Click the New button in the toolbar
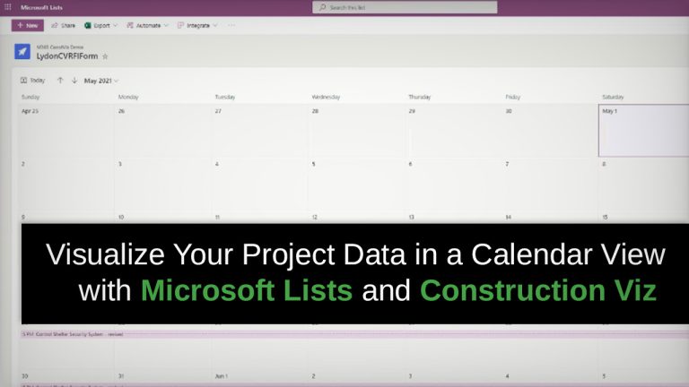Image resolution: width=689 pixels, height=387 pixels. coord(28,26)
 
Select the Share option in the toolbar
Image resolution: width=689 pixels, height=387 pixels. coord(64,26)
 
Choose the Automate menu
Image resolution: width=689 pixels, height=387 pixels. coord(147,26)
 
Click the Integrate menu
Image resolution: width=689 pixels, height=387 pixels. coord(197,26)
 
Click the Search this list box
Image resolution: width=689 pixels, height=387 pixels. coord(404,7)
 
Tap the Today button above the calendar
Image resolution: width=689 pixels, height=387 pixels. coord(33,80)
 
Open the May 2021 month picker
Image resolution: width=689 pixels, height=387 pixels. coord(100,80)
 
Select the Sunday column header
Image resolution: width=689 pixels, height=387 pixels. coord(31,96)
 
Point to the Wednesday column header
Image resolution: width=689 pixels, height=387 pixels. coord(326,96)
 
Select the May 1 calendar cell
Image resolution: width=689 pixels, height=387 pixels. coord(642,130)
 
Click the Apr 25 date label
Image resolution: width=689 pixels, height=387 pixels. coord(30,111)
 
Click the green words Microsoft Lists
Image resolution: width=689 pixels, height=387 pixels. coord(246,290)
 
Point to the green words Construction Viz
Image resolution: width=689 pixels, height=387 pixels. coord(537,290)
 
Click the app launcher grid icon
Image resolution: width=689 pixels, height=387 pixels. coord(8,7)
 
